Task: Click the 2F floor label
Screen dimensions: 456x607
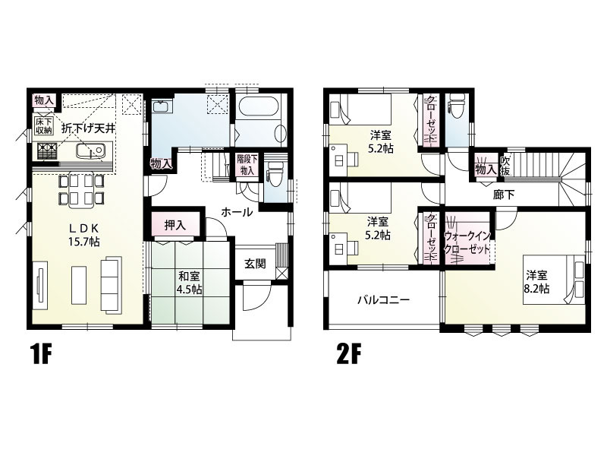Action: coord(348,355)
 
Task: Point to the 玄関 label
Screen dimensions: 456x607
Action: coord(255,264)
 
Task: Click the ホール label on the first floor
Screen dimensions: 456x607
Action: coord(237,213)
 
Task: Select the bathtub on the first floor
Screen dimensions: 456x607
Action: coord(260,115)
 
